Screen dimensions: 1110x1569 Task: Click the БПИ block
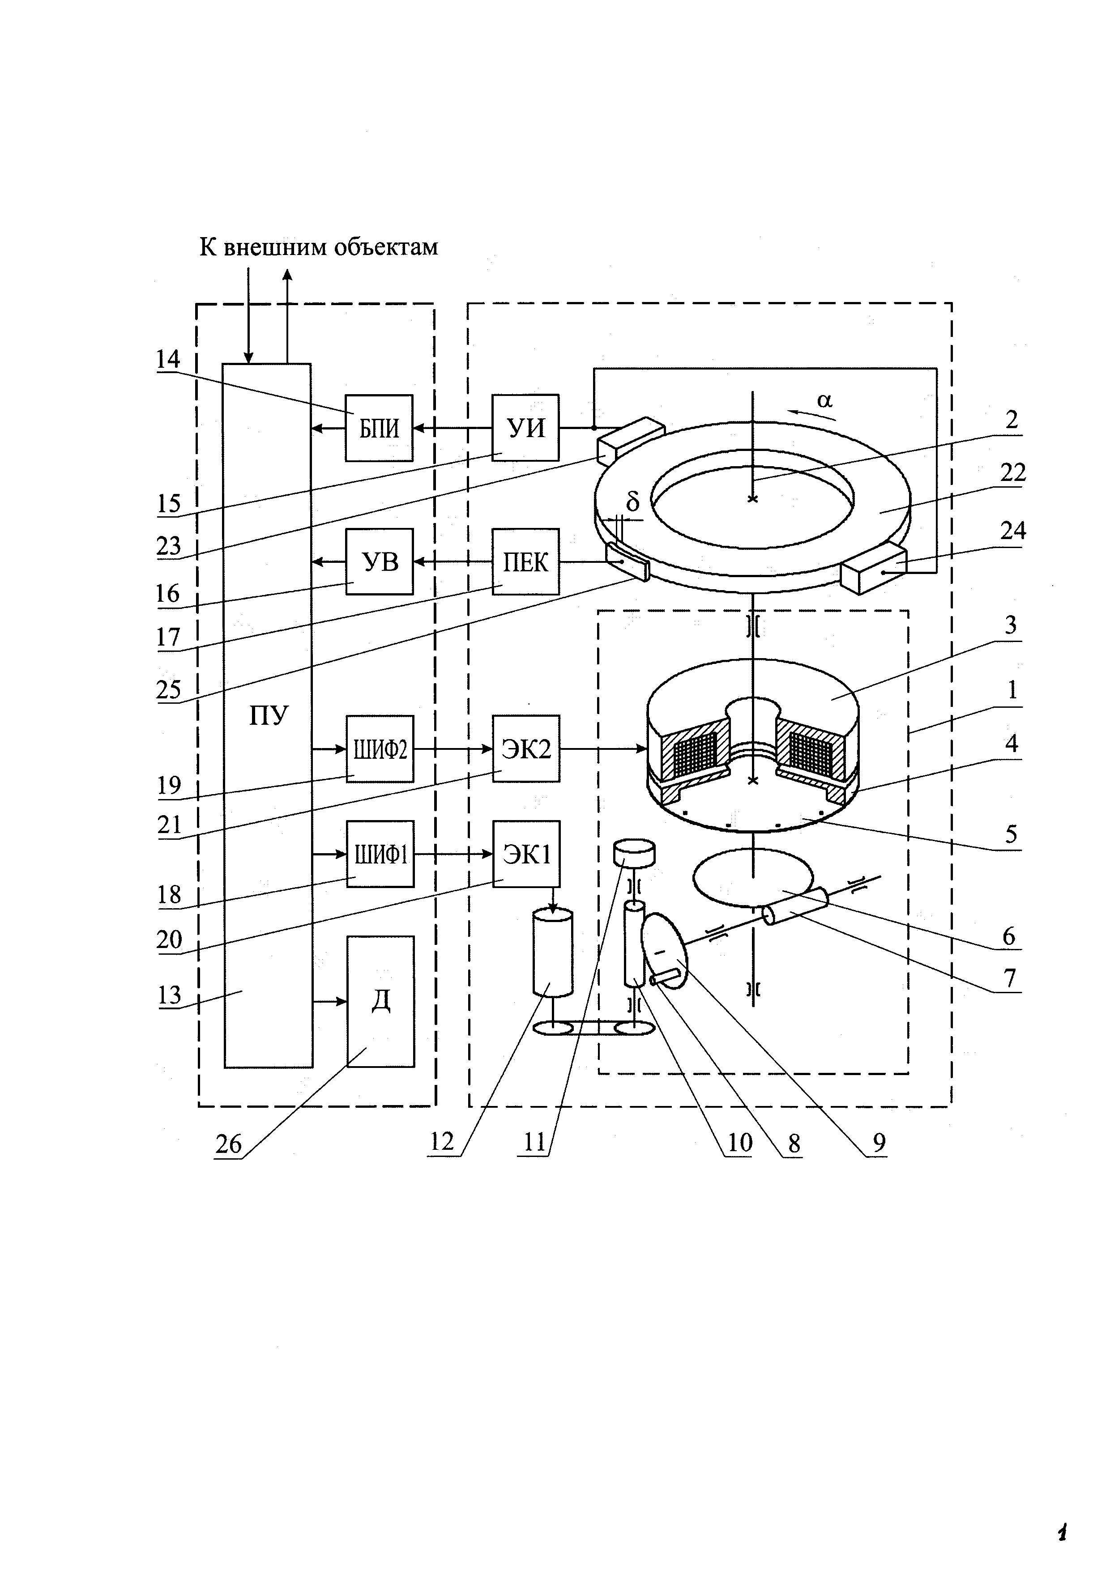[x=379, y=428]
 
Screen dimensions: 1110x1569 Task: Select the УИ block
[x=525, y=428]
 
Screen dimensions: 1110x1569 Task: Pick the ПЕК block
[x=525, y=562]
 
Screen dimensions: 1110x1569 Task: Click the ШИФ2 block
[x=380, y=749]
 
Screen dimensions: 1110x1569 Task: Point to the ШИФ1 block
[x=380, y=854]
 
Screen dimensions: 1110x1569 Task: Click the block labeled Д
[x=381, y=1002]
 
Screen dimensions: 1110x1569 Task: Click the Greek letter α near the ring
[x=825, y=400]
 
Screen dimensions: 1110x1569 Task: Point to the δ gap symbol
[x=633, y=502]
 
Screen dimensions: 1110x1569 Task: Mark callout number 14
[x=168, y=359]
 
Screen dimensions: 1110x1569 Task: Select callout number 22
[x=1013, y=472]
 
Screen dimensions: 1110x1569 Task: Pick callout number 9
[x=879, y=1143]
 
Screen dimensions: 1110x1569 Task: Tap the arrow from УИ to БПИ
[x=453, y=428]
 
